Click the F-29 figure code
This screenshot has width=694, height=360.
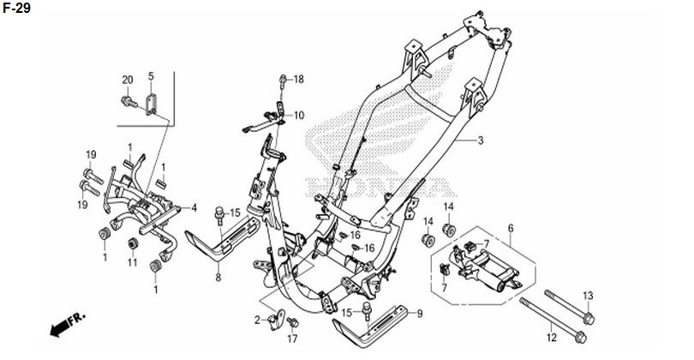(x=17, y=8)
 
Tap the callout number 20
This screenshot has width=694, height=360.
(x=128, y=81)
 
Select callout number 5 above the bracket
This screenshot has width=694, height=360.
(x=151, y=76)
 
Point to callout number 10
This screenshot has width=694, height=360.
(x=299, y=116)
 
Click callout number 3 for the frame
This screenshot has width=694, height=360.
(x=481, y=141)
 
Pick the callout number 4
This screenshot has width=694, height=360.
(x=194, y=207)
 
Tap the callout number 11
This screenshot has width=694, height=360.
(x=132, y=262)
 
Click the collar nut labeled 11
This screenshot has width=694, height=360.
(x=131, y=244)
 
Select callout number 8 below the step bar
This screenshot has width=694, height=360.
(x=218, y=278)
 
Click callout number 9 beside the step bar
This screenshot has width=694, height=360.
(x=420, y=314)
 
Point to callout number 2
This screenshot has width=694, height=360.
(x=258, y=321)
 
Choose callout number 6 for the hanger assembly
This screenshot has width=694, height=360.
(x=511, y=229)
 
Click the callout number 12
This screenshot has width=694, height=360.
(x=551, y=338)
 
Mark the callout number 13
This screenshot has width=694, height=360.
(x=588, y=296)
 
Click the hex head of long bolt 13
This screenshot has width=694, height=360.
(x=589, y=318)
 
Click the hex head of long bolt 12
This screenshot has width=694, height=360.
(x=581, y=339)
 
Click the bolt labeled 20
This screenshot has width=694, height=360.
(x=129, y=103)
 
